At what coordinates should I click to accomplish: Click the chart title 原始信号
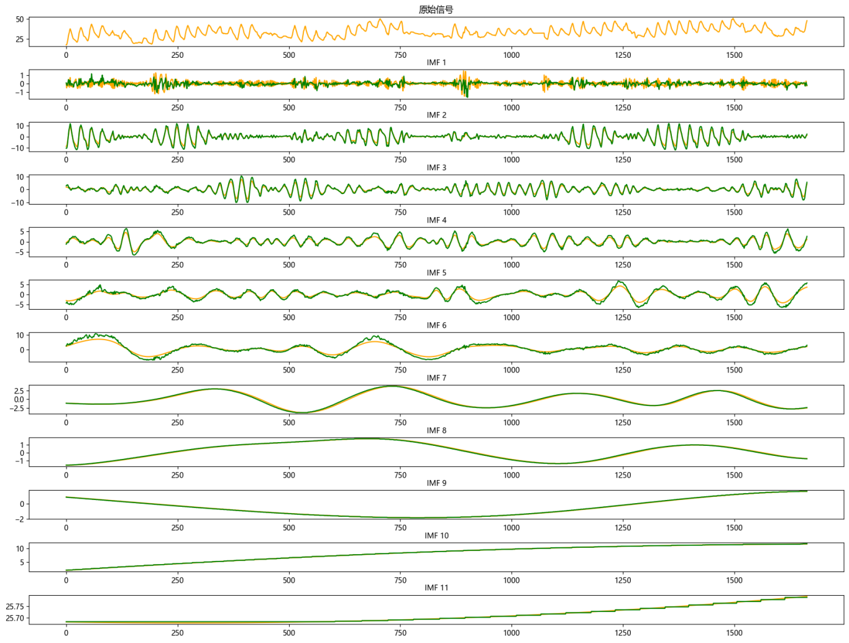click(x=436, y=9)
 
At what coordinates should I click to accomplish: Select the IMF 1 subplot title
click(x=436, y=62)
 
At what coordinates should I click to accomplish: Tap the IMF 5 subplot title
click(x=436, y=272)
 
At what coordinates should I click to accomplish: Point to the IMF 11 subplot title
click(x=436, y=588)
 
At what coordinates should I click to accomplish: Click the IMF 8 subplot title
click(x=436, y=430)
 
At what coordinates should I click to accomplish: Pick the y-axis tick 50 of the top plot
click(x=20, y=19)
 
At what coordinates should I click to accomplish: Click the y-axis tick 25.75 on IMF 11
click(x=15, y=606)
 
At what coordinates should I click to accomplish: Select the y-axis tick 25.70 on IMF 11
click(x=15, y=618)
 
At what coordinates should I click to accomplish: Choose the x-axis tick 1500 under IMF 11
click(x=734, y=633)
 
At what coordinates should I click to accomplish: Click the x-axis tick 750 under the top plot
click(x=400, y=55)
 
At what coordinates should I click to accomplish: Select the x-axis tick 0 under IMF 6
click(x=67, y=370)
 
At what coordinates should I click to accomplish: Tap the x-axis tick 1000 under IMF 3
click(x=512, y=212)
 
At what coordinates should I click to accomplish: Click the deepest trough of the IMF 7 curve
click(x=303, y=412)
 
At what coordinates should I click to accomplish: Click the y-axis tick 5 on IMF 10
click(x=22, y=562)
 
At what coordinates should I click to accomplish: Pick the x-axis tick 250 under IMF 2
click(x=178, y=160)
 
